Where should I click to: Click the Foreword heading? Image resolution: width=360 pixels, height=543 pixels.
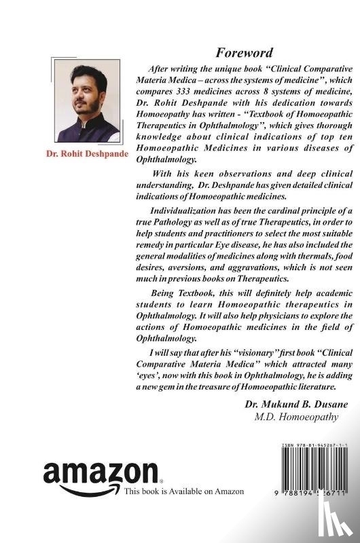tap(245, 52)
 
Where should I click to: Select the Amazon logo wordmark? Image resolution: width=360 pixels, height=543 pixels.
tap(100, 472)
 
